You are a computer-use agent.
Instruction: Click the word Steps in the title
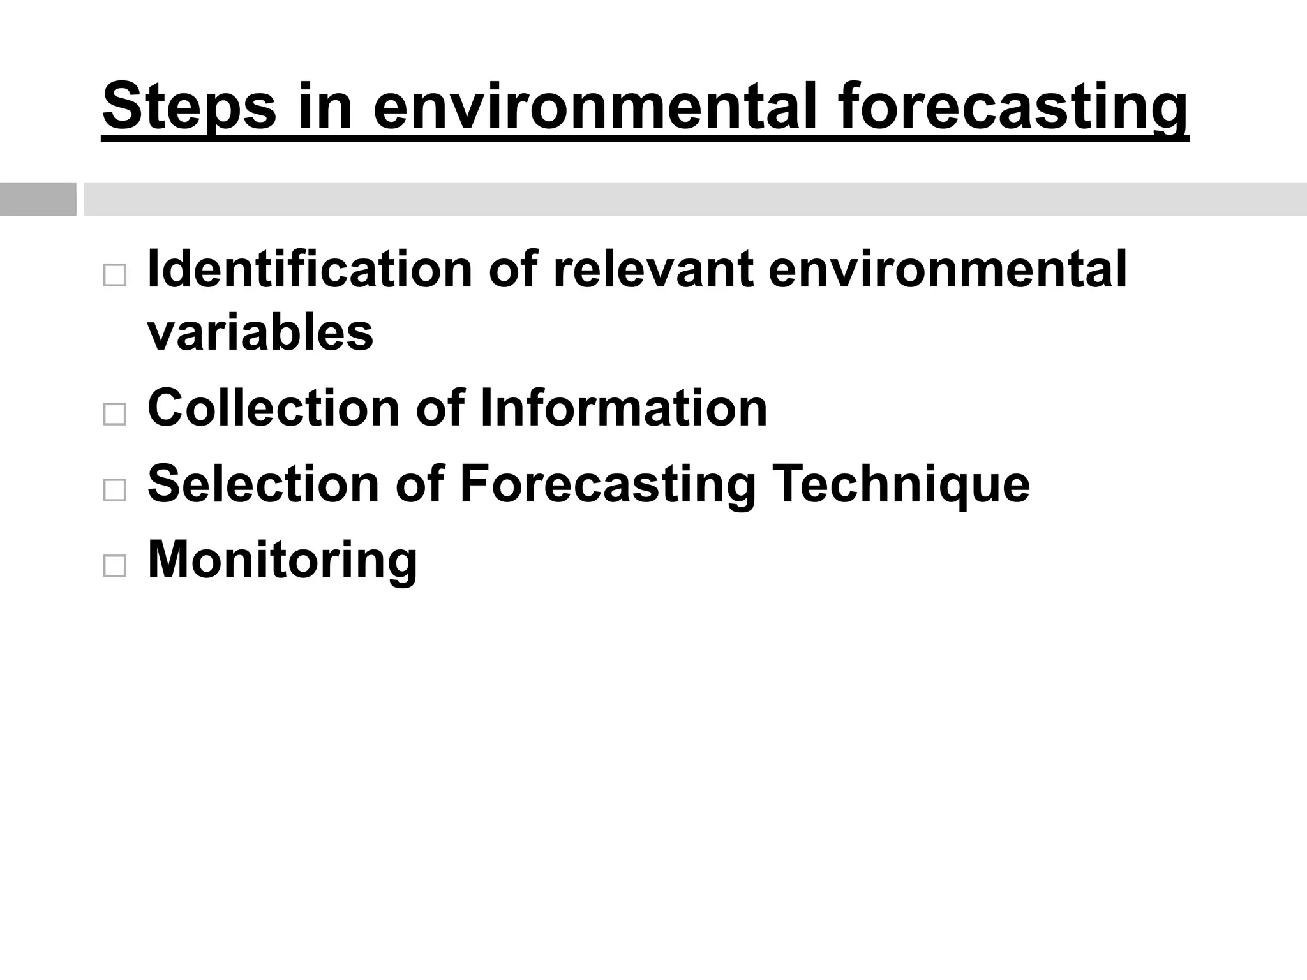tap(189, 107)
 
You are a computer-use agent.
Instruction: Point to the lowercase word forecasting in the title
tap(1013, 107)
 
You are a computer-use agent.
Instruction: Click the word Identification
tap(310, 269)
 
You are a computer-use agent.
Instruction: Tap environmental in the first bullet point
tap(948, 269)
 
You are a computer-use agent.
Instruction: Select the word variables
tap(260, 332)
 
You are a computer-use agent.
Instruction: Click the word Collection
tap(273, 408)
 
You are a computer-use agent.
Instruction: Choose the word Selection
tap(264, 484)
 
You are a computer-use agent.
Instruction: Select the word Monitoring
tap(282, 560)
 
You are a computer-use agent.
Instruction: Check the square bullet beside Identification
tap(114, 276)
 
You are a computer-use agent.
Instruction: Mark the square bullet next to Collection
tap(114, 414)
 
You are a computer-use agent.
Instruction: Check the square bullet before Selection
tap(114, 490)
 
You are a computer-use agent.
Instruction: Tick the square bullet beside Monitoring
tap(114, 566)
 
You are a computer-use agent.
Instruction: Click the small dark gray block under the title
tap(38, 199)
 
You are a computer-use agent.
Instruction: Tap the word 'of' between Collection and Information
tap(440, 408)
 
